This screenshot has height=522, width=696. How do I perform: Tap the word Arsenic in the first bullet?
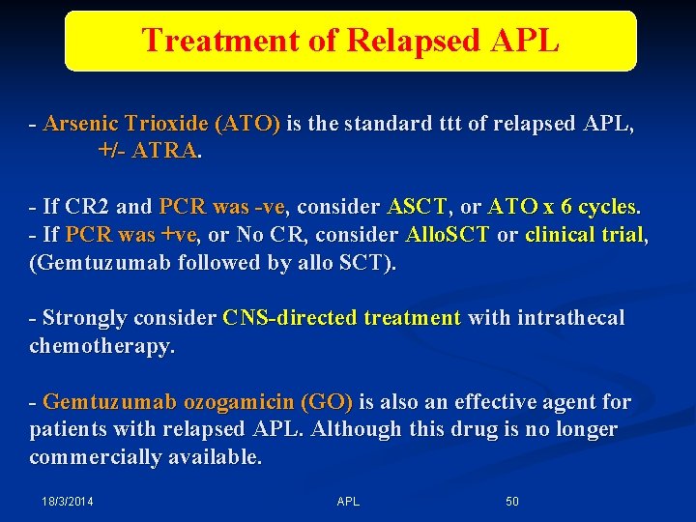pyautogui.click(x=80, y=125)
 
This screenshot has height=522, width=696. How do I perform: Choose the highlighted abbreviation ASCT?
pyautogui.click(x=418, y=207)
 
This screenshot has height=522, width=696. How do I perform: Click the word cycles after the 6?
pyautogui.click(x=606, y=207)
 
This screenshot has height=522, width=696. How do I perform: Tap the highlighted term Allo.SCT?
pyautogui.click(x=448, y=235)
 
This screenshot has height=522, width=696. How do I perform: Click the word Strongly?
pyautogui.click(x=87, y=318)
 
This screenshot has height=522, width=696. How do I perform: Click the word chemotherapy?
pyautogui.click(x=101, y=346)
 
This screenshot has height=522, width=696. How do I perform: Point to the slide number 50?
pyautogui.click(x=512, y=502)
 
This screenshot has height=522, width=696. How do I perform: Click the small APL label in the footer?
pyautogui.click(x=348, y=502)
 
